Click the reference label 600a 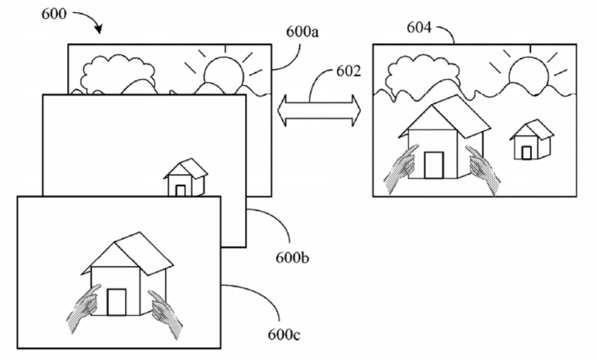(x=302, y=32)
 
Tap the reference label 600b (x=292, y=258)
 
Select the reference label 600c (x=284, y=334)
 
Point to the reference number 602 (x=348, y=71)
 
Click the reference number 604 (x=419, y=27)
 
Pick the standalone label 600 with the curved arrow (x=53, y=14)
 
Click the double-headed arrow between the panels (x=319, y=111)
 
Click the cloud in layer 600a (x=118, y=74)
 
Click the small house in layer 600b (x=186, y=177)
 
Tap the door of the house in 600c (x=116, y=302)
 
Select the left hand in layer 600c (x=84, y=307)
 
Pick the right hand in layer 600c (x=165, y=313)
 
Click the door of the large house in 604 (x=434, y=165)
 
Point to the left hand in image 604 (x=401, y=169)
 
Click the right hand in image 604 (x=483, y=170)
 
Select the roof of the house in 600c (x=128, y=253)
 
